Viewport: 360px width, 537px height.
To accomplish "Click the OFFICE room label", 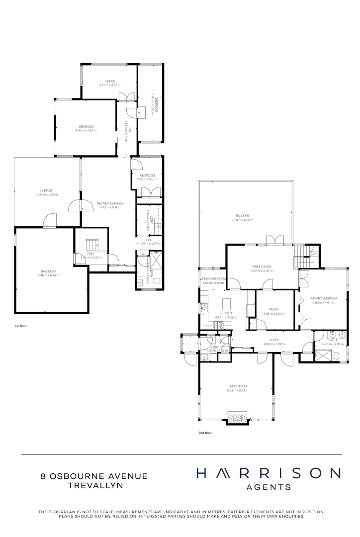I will (109, 82).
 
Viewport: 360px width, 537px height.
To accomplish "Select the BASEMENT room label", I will (48, 271).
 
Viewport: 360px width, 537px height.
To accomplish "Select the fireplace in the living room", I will (236, 416).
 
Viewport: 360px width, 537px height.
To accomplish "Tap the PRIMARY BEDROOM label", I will (323, 298).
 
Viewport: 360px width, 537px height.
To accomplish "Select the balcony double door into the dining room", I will (273, 240).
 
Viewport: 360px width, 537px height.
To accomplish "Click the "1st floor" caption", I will (21, 326).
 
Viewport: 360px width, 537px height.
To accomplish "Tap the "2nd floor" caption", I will (205, 433).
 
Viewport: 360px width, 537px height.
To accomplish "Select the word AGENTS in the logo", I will (269, 487).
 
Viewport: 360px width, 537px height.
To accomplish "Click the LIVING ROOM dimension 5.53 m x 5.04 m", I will (238, 390).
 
